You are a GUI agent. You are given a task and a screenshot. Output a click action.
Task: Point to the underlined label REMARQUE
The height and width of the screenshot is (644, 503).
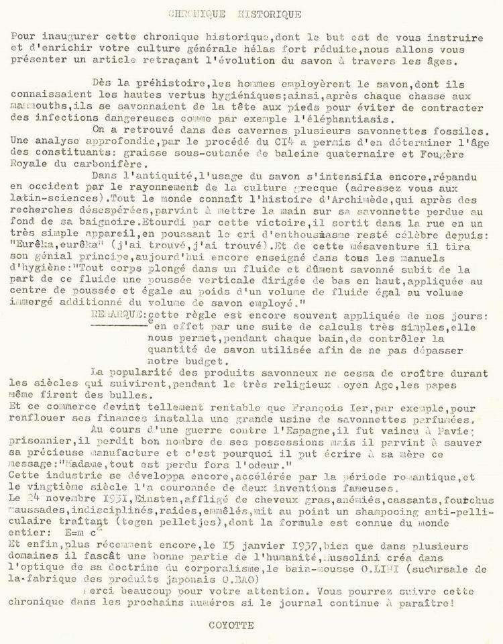pos(119,313)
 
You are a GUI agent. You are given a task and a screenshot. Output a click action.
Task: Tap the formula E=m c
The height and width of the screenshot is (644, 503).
pos(65,528)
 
